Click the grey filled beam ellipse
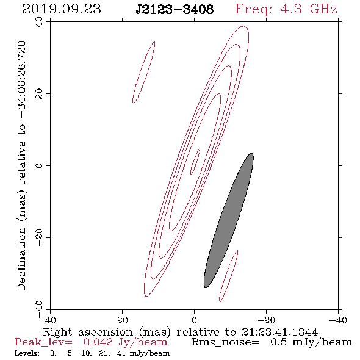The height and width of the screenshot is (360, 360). point(229,220)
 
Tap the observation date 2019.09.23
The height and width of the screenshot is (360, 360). point(62,9)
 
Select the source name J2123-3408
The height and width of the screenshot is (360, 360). point(175,9)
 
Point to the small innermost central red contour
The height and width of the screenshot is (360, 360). point(195,162)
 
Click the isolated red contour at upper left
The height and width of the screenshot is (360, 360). point(144,72)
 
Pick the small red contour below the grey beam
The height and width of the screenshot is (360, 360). point(229,276)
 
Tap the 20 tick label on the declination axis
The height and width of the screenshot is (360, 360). point(39,94)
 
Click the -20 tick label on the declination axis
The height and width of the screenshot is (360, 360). point(39,237)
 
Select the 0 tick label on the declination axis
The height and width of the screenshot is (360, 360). point(39,165)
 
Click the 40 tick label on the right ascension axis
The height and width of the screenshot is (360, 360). point(50,320)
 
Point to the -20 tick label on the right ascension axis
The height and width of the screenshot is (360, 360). point(266,320)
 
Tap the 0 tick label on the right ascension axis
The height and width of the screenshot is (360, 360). point(194,320)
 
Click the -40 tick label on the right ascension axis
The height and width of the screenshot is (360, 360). point(338,320)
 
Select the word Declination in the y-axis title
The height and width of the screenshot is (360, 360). point(21,259)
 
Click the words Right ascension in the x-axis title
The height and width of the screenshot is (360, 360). point(88,332)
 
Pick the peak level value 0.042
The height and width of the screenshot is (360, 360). point(98,342)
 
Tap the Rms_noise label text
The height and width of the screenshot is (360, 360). point(225,342)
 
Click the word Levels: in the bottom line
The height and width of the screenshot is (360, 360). point(27,353)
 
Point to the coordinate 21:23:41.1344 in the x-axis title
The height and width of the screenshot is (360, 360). point(279,332)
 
